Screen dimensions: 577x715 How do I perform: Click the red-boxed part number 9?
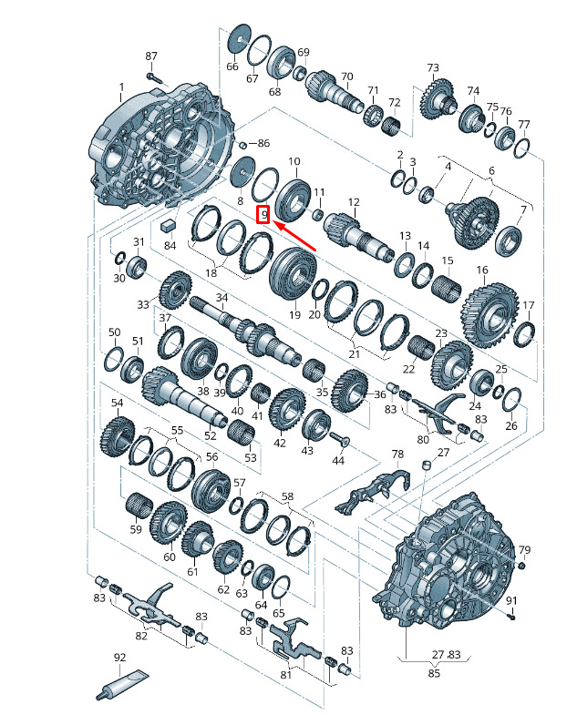(263, 214)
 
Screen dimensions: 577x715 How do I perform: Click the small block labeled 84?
(169, 224)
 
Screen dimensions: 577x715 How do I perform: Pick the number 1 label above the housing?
(121, 87)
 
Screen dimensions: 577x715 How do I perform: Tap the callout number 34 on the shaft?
(222, 297)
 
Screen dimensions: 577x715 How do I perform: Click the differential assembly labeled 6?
(471, 222)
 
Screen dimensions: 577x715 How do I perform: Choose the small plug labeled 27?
(428, 465)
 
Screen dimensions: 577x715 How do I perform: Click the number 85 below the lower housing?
(434, 672)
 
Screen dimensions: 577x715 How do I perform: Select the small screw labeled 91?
(511, 617)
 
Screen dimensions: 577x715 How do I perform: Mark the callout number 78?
(397, 454)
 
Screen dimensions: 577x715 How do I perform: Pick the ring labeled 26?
(512, 400)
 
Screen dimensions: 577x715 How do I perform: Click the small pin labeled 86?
(243, 145)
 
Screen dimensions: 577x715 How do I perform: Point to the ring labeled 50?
(114, 359)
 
